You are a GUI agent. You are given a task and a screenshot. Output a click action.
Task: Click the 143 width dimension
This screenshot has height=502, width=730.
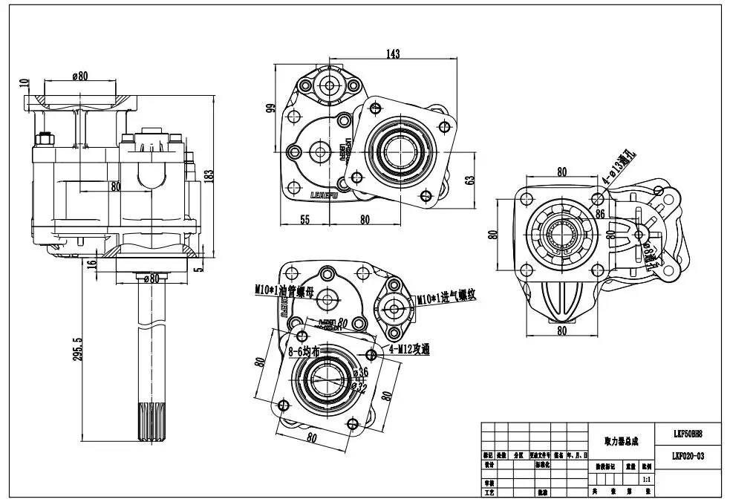click(x=393, y=54)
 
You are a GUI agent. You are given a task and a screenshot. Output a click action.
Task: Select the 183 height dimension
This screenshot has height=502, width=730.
click(x=209, y=175)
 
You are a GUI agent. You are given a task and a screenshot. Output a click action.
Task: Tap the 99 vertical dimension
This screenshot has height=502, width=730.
click(x=272, y=108)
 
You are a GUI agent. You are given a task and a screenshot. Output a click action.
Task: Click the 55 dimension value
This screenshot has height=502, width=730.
click(x=304, y=219)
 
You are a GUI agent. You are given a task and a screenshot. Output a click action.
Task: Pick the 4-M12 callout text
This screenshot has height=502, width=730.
click(x=410, y=349)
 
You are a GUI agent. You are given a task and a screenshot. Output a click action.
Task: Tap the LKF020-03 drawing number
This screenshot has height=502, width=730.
click(x=688, y=456)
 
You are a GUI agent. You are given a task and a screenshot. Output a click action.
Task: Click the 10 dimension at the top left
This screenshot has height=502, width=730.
click(x=24, y=83)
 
